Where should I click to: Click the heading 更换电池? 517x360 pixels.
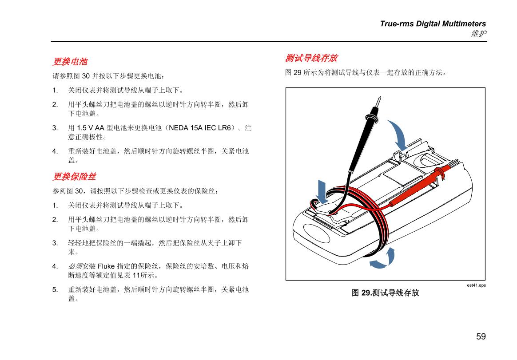click(70, 61)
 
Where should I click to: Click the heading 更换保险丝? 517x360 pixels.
click(74, 176)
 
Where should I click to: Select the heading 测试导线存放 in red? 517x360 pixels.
click(311, 58)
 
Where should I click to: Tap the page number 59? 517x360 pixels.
click(481, 336)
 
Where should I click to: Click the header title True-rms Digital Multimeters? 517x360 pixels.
click(433, 24)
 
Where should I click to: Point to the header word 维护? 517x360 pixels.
click(479, 33)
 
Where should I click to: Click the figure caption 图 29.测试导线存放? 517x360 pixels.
click(385, 293)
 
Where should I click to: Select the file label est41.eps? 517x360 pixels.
click(476, 285)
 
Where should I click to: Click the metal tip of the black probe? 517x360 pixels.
click(379, 101)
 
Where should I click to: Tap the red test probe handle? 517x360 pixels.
click(419, 186)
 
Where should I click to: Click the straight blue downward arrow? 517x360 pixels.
click(322, 191)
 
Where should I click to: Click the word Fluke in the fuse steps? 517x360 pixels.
click(106, 266)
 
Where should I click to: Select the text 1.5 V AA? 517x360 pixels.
click(90, 128)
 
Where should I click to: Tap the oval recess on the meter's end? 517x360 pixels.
click(316, 233)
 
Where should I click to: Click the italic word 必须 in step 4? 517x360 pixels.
click(75, 266)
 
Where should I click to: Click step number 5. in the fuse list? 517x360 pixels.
click(55, 289)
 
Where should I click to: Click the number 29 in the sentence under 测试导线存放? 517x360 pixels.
click(298, 72)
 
